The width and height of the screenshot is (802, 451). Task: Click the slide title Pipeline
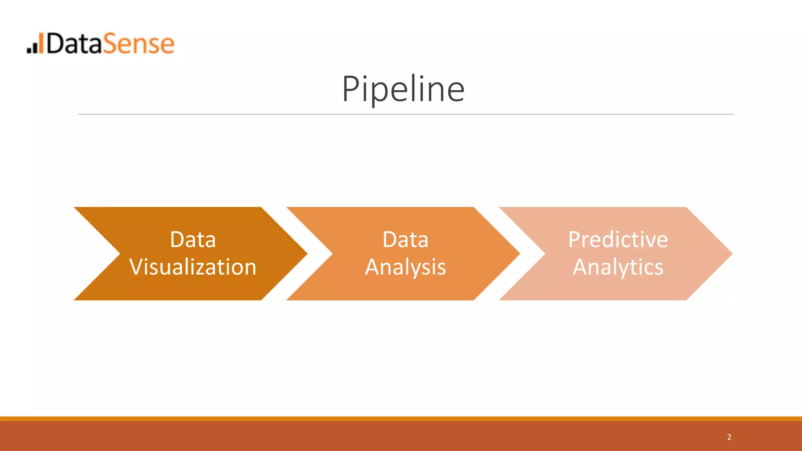click(403, 90)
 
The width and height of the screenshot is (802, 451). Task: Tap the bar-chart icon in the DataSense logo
click(35, 44)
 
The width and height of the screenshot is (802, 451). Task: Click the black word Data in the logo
click(74, 43)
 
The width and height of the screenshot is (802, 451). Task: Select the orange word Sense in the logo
click(139, 43)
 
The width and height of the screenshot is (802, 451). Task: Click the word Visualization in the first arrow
click(193, 267)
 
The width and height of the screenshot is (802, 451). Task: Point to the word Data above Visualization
click(193, 239)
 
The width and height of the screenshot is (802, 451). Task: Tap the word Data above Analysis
click(405, 239)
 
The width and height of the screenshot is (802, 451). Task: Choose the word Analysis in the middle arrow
click(405, 267)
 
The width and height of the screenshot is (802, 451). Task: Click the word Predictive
click(618, 239)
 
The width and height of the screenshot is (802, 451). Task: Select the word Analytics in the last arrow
click(618, 267)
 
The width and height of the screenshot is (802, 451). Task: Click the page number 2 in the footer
click(729, 437)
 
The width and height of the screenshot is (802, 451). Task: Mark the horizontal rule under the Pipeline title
click(406, 114)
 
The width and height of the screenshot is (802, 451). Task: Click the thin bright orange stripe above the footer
click(401, 419)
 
